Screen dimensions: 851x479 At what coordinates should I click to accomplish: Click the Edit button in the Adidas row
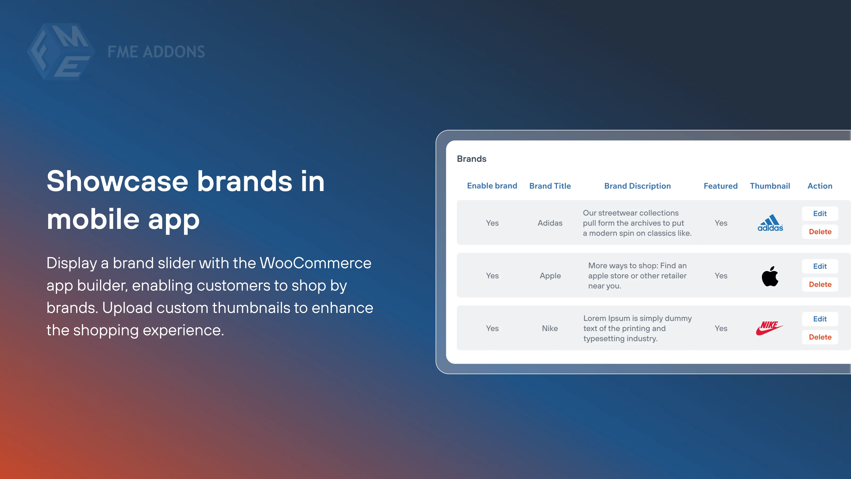pyautogui.click(x=820, y=213)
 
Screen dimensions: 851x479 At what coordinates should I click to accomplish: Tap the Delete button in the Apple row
pyautogui.click(x=820, y=284)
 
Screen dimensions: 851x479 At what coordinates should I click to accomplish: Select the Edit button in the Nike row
pyautogui.click(x=820, y=319)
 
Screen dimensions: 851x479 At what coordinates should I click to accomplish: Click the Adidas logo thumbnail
pyautogui.click(x=770, y=223)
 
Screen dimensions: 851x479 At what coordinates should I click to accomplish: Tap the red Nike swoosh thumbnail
pyautogui.click(x=769, y=328)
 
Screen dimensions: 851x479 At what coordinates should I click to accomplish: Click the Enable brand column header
pyautogui.click(x=492, y=186)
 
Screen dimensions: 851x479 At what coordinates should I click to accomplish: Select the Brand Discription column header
pyautogui.click(x=637, y=186)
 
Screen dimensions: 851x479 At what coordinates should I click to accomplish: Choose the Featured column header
pyautogui.click(x=720, y=186)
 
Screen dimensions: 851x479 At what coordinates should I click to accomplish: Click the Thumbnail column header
pyautogui.click(x=770, y=186)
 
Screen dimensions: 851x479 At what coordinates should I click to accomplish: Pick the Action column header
pyautogui.click(x=820, y=186)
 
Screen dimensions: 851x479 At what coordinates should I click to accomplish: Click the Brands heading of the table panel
pyautogui.click(x=472, y=159)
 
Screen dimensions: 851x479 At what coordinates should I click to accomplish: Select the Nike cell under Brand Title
pyautogui.click(x=550, y=328)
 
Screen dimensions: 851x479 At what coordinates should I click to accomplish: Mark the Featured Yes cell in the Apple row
pyautogui.click(x=721, y=276)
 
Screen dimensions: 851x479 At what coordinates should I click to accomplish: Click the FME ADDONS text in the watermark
pyautogui.click(x=156, y=52)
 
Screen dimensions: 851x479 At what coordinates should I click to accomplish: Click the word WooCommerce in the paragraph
pyautogui.click(x=315, y=263)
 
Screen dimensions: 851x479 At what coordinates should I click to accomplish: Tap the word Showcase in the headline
pyautogui.click(x=117, y=181)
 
